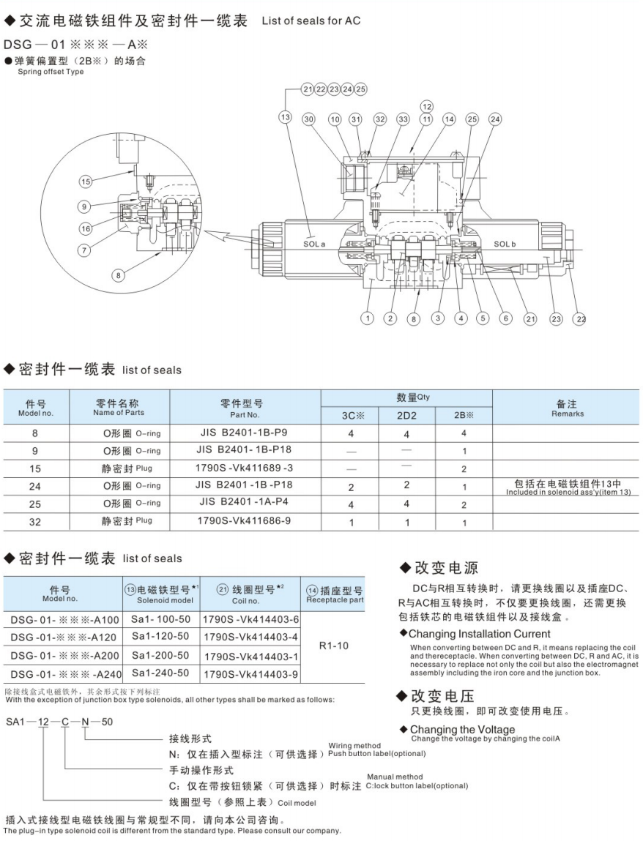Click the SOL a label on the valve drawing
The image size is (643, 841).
point(313,244)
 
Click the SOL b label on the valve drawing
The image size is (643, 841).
point(504,244)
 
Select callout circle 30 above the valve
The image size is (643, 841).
point(309,119)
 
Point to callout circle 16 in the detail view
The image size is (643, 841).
point(86,228)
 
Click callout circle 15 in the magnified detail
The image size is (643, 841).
point(86,181)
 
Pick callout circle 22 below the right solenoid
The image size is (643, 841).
point(580,318)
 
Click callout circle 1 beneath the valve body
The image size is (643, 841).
point(368,318)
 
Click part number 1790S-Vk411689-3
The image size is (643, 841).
point(245,468)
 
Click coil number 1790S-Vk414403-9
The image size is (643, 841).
point(250,673)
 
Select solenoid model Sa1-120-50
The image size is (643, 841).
point(160,636)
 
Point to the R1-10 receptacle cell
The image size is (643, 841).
point(335,646)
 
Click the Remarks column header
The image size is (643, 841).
point(568,408)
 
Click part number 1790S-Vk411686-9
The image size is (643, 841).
point(245,523)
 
